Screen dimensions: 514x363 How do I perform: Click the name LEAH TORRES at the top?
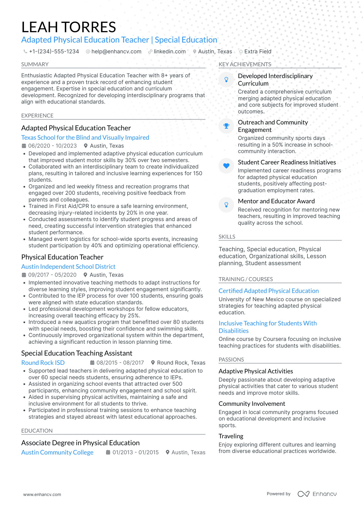point(69,27)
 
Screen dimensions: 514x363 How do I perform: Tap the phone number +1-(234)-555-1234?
point(54,52)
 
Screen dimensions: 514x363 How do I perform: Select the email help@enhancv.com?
point(116,52)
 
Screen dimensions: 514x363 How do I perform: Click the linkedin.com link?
point(169,52)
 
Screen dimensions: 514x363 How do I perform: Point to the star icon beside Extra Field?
point(241,52)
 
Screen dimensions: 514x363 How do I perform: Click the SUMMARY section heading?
point(35,64)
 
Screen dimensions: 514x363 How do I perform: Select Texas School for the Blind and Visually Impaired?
point(85,138)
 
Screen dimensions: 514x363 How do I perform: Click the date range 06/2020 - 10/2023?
point(53,146)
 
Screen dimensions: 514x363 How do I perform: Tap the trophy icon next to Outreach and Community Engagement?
point(226,126)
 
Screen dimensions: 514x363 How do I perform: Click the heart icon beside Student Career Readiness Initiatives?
point(226,166)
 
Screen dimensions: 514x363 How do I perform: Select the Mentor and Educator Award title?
point(276,201)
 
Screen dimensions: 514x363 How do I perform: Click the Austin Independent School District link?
point(68,267)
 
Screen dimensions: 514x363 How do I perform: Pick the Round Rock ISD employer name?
point(43,363)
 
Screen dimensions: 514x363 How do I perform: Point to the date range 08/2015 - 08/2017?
point(120,363)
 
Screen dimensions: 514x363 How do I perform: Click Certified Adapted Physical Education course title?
point(269,291)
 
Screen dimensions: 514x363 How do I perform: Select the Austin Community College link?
point(57,452)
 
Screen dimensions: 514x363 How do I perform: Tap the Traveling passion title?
point(231,436)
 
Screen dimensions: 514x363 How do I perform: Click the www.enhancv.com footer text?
point(42,494)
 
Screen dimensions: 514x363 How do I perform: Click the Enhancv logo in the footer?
point(317,494)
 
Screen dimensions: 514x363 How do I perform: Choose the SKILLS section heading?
point(227,237)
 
